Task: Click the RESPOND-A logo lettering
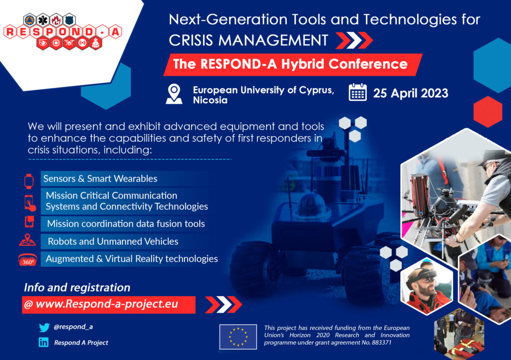pyautogui.click(x=63, y=32)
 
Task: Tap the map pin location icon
pyautogui.click(x=174, y=94)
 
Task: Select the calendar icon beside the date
pyautogui.click(x=357, y=92)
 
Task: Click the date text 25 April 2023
pyautogui.click(x=411, y=93)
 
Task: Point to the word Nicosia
pyautogui.click(x=210, y=100)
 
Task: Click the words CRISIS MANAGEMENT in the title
pyautogui.click(x=249, y=40)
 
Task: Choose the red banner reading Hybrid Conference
pyautogui.click(x=292, y=64)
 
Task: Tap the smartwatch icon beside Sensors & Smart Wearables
pyautogui.click(x=28, y=181)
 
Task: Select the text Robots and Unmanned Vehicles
pyautogui.click(x=113, y=241)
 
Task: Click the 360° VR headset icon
pyautogui.click(x=27, y=260)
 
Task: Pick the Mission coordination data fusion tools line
pyautogui.click(x=126, y=223)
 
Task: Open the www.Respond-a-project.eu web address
pyautogui.click(x=107, y=304)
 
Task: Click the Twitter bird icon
pyautogui.click(x=44, y=327)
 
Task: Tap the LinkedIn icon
pyautogui.click(x=44, y=342)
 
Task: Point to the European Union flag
pyautogui.click(x=238, y=337)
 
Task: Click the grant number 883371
pyautogui.click(x=382, y=343)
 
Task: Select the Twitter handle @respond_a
pyautogui.click(x=73, y=327)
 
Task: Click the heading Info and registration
pyautogui.click(x=77, y=287)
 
